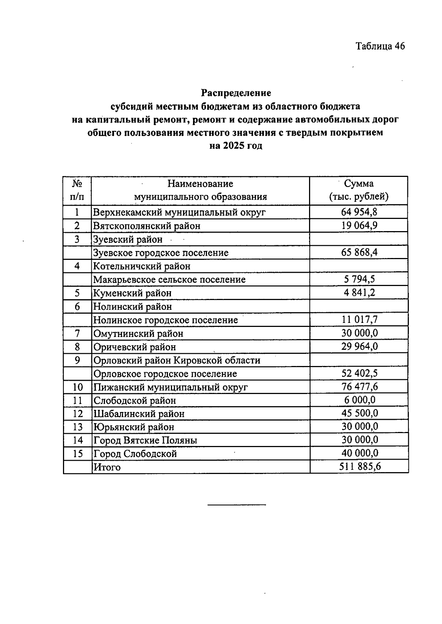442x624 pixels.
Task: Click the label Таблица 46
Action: [x=380, y=46]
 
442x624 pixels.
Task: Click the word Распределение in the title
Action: [x=236, y=93]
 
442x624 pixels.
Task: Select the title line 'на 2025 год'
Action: [x=236, y=146]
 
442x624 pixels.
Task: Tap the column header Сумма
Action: [x=358, y=184]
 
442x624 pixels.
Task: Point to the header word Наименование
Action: [x=200, y=184]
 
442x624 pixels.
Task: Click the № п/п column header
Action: [x=77, y=190]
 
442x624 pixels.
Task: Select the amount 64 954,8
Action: [x=359, y=212]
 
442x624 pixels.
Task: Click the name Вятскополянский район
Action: [x=147, y=226]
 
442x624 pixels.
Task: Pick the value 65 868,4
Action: [x=359, y=252]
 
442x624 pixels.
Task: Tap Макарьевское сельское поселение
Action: [x=169, y=280]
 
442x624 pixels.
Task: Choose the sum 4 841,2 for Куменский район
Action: [x=359, y=293]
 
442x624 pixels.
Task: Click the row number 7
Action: [x=77, y=334]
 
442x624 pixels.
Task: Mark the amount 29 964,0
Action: [x=359, y=346]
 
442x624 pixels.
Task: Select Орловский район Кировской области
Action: [x=177, y=360]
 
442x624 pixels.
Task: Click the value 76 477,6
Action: [x=359, y=387]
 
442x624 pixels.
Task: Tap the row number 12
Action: [x=78, y=414]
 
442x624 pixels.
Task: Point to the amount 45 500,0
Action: [x=359, y=413]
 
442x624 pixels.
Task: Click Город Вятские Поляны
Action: [x=145, y=440]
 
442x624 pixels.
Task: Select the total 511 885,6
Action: [x=359, y=467]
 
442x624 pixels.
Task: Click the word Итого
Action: [x=107, y=467]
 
